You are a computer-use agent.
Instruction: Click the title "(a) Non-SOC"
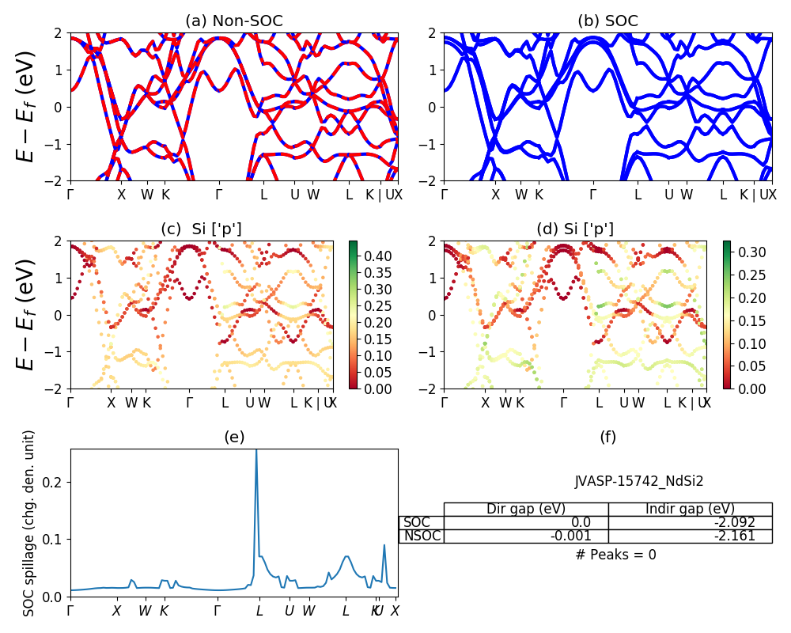233,21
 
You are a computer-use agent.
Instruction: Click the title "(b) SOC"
607,21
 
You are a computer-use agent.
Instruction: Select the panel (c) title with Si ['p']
201,229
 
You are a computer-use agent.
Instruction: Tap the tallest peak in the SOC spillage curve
255,451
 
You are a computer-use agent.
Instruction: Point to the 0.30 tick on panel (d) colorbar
744,252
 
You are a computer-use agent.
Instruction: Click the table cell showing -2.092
690,522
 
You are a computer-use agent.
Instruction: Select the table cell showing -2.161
690,536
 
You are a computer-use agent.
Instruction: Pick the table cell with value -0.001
526,536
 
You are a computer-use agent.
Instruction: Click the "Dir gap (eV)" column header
526,509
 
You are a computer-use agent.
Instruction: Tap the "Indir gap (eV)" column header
690,509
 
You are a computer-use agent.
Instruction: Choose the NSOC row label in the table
422,536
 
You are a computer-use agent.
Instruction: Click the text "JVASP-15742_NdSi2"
639,480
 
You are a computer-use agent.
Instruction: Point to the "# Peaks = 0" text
615,555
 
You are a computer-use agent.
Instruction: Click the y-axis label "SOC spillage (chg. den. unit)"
29,523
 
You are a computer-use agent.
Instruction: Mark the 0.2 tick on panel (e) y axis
55,482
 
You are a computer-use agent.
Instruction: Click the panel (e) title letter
233,437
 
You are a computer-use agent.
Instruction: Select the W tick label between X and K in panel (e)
145,611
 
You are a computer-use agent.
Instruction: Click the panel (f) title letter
607,437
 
